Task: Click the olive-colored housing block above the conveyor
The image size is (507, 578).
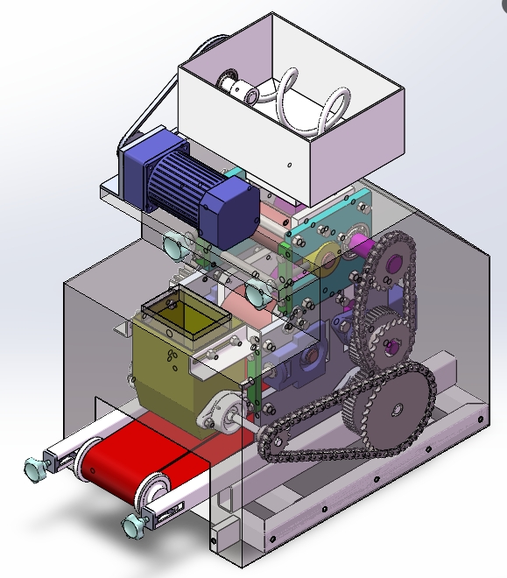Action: tap(175, 377)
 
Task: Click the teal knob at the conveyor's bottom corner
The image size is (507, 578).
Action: tap(134, 525)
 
